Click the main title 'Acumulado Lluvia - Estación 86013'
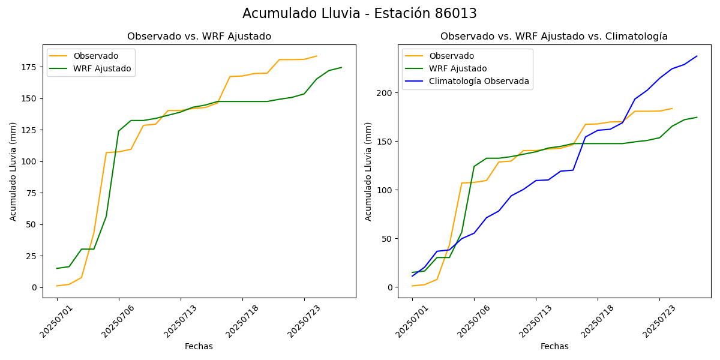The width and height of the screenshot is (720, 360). (x=359, y=14)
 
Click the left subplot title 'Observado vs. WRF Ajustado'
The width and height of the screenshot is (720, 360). (x=199, y=37)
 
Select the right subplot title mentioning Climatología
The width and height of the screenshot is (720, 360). (x=554, y=37)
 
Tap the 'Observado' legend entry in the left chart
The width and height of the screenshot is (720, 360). (x=95, y=56)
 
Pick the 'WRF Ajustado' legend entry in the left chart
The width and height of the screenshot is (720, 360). (x=102, y=68)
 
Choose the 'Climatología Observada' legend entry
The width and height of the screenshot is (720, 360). (x=479, y=81)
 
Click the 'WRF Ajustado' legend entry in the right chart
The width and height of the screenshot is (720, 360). (x=458, y=68)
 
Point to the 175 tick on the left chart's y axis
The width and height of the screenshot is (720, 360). (x=30, y=67)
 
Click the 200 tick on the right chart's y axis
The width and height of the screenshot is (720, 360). (x=385, y=93)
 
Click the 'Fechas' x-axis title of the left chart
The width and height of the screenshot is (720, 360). (x=199, y=346)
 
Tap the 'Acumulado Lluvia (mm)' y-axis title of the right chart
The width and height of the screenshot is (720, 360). (x=368, y=171)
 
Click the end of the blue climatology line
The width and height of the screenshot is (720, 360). (x=697, y=56)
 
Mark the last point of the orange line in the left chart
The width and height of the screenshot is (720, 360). (x=317, y=56)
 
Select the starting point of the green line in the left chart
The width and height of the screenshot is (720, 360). (x=57, y=268)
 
